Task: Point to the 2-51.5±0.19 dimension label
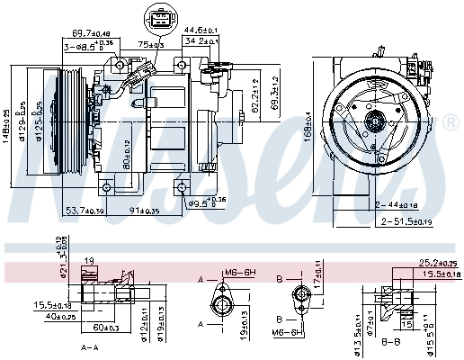pyautogui.click(x=407, y=220)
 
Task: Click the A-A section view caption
pyautogui.click(x=89, y=346)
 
